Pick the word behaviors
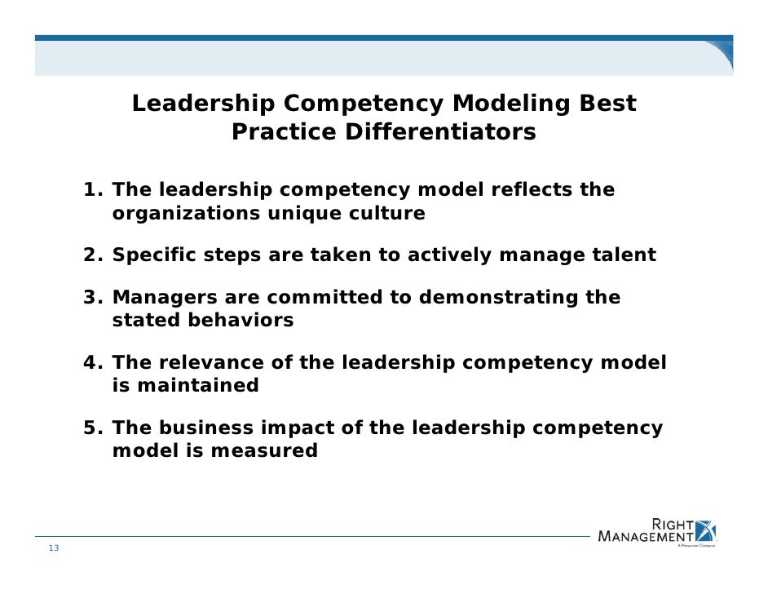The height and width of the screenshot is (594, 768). point(242,321)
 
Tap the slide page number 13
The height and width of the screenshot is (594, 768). point(53,547)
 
